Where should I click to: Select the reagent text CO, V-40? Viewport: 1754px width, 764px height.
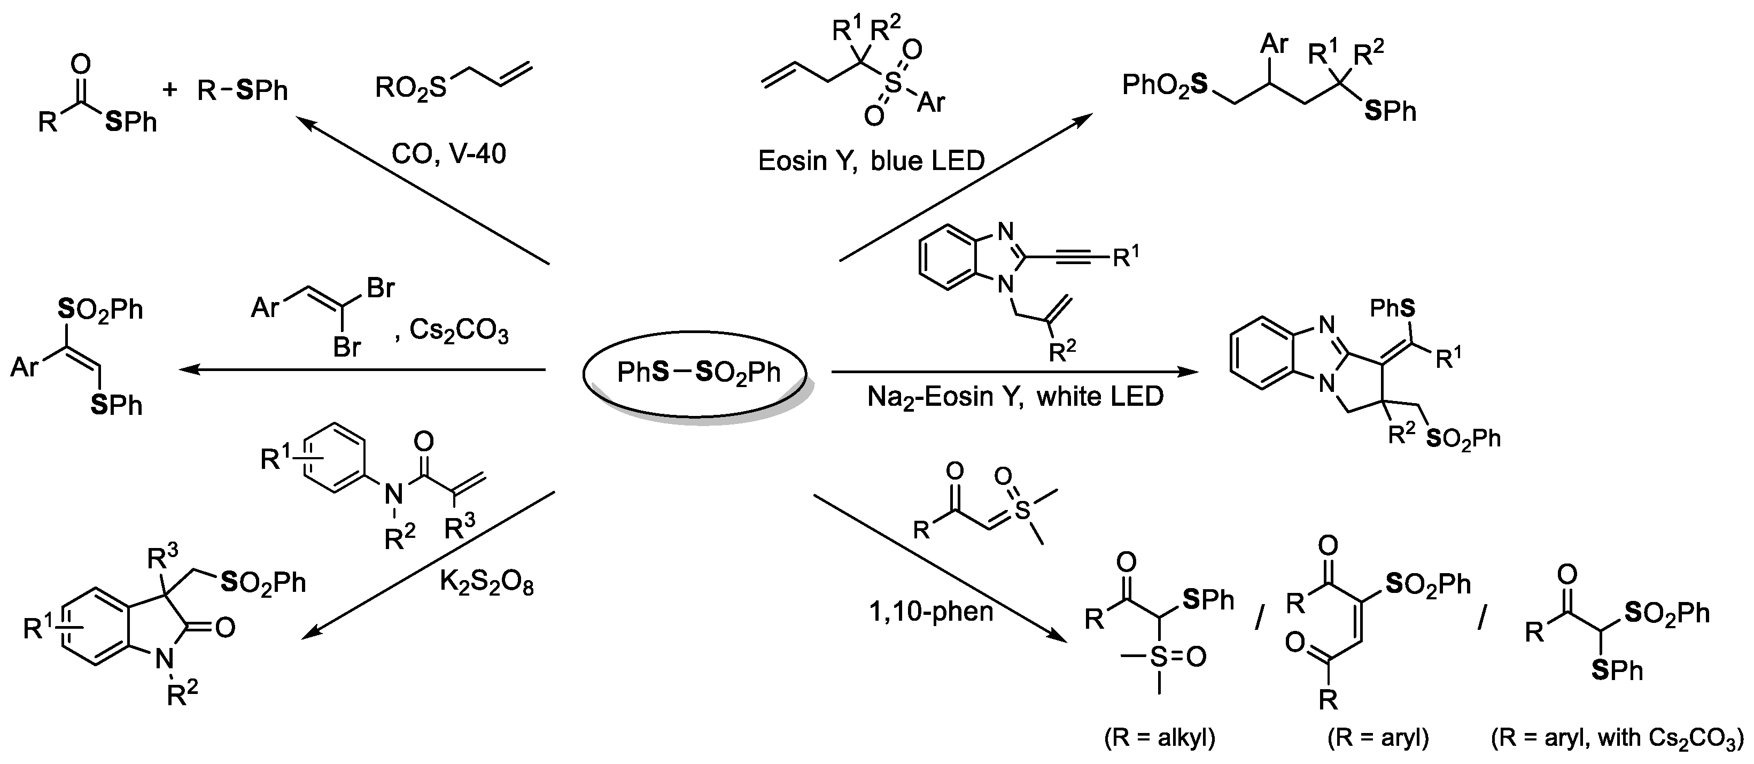[x=449, y=155]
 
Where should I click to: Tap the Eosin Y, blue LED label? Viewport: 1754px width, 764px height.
[x=871, y=161]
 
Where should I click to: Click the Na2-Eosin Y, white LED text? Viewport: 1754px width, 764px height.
[x=1014, y=397]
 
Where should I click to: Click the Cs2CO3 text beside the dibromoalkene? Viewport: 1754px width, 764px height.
[x=458, y=331]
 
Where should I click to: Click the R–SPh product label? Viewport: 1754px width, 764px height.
[x=243, y=90]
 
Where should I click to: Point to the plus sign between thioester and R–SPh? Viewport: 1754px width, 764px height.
[x=170, y=89]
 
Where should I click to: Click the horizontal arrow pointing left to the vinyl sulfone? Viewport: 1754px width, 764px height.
[x=361, y=370]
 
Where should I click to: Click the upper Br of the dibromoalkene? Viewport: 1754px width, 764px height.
[x=380, y=288]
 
